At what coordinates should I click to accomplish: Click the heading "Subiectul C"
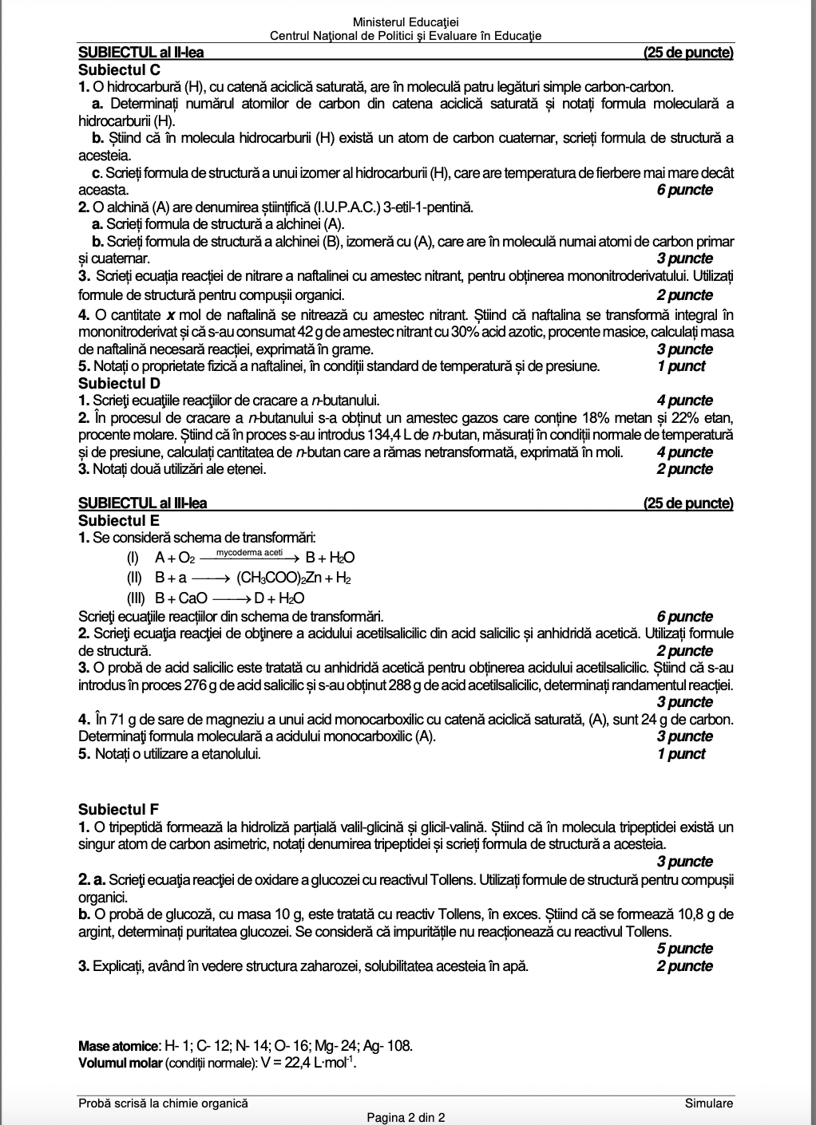119,70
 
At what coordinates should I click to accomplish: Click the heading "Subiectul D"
119,383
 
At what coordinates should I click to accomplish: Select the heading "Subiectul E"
119,521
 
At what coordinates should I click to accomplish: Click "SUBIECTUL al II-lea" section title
141,53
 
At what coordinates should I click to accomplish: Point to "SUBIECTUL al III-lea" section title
143,503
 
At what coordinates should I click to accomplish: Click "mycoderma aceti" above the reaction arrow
249,552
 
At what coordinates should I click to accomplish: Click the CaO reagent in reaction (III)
192,598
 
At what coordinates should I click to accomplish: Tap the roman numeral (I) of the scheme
133,558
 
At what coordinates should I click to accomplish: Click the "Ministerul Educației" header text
406,22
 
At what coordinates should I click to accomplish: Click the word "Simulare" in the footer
708,1103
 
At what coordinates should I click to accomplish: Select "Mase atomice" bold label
118,1046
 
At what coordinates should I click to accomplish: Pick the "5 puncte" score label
684,949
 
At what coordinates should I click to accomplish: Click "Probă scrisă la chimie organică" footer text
163,1103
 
